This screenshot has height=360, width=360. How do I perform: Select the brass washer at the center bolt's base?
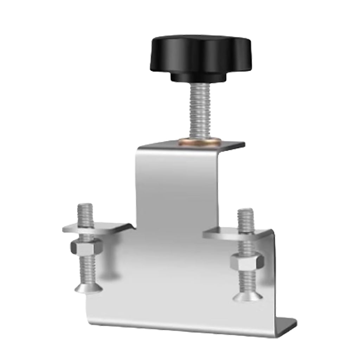point(199,141)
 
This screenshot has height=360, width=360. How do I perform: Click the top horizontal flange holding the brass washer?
point(225,145)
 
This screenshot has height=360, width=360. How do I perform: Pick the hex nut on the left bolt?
point(86,248)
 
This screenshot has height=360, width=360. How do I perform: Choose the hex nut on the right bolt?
point(247,261)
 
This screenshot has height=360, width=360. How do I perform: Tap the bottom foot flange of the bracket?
point(285,327)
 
